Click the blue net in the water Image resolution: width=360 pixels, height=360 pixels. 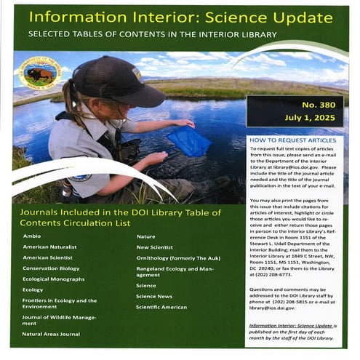(x=188, y=142)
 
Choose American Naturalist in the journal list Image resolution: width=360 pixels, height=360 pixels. (x=49, y=247)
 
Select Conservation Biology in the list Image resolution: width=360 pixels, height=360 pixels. (x=50, y=268)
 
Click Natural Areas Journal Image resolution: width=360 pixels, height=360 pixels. (x=50, y=334)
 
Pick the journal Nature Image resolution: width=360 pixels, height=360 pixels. (x=146, y=236)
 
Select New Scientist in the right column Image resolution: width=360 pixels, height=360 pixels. (x=154, y=247)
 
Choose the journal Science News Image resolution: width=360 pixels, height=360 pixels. (x=153, y=296)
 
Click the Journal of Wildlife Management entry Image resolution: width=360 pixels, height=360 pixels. (x=58, y=320)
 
